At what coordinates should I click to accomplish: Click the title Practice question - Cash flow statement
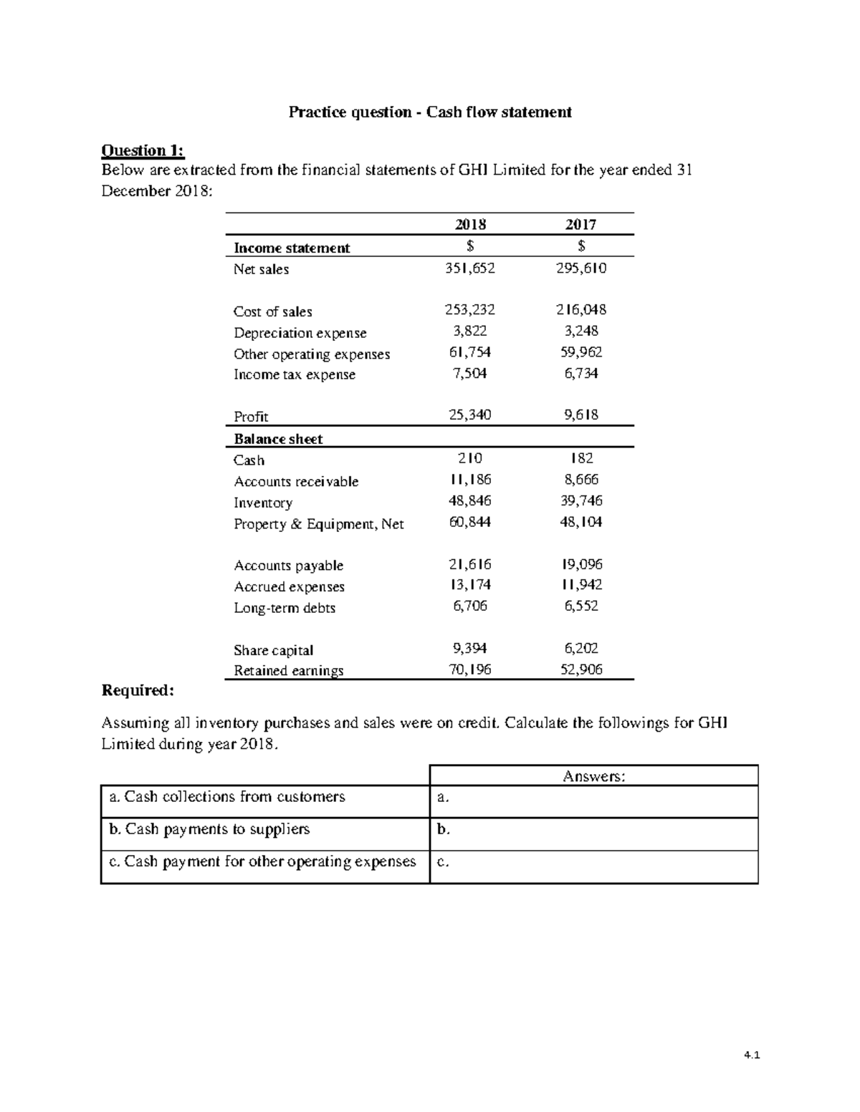point(430,112)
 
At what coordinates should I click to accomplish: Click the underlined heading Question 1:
point(143,150)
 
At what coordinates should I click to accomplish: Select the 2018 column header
point(470,224)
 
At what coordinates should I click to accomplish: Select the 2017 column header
point(580,224)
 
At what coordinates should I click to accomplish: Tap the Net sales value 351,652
point(470,269)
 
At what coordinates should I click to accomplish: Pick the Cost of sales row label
point(273,311)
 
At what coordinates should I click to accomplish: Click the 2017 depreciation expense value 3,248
point(581,332)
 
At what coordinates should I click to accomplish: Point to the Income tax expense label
point(295,374)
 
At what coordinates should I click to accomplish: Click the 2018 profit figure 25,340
point(470,415)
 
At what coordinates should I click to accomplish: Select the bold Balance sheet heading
point(278,439)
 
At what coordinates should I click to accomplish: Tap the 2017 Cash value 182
point(581,459)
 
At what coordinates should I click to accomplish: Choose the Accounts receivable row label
point(296,482)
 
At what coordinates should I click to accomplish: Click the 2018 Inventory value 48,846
point(470,501)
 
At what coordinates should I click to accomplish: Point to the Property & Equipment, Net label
point(319,524)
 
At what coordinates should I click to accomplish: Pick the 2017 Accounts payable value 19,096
point(581,565)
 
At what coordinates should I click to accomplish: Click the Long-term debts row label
point(285,608)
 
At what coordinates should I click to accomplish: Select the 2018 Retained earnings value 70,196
point(470,670)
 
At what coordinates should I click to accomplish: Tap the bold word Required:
point(138,690)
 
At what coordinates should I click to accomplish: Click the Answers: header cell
point(593,776)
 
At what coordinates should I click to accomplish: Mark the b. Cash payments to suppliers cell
point(265,829)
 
